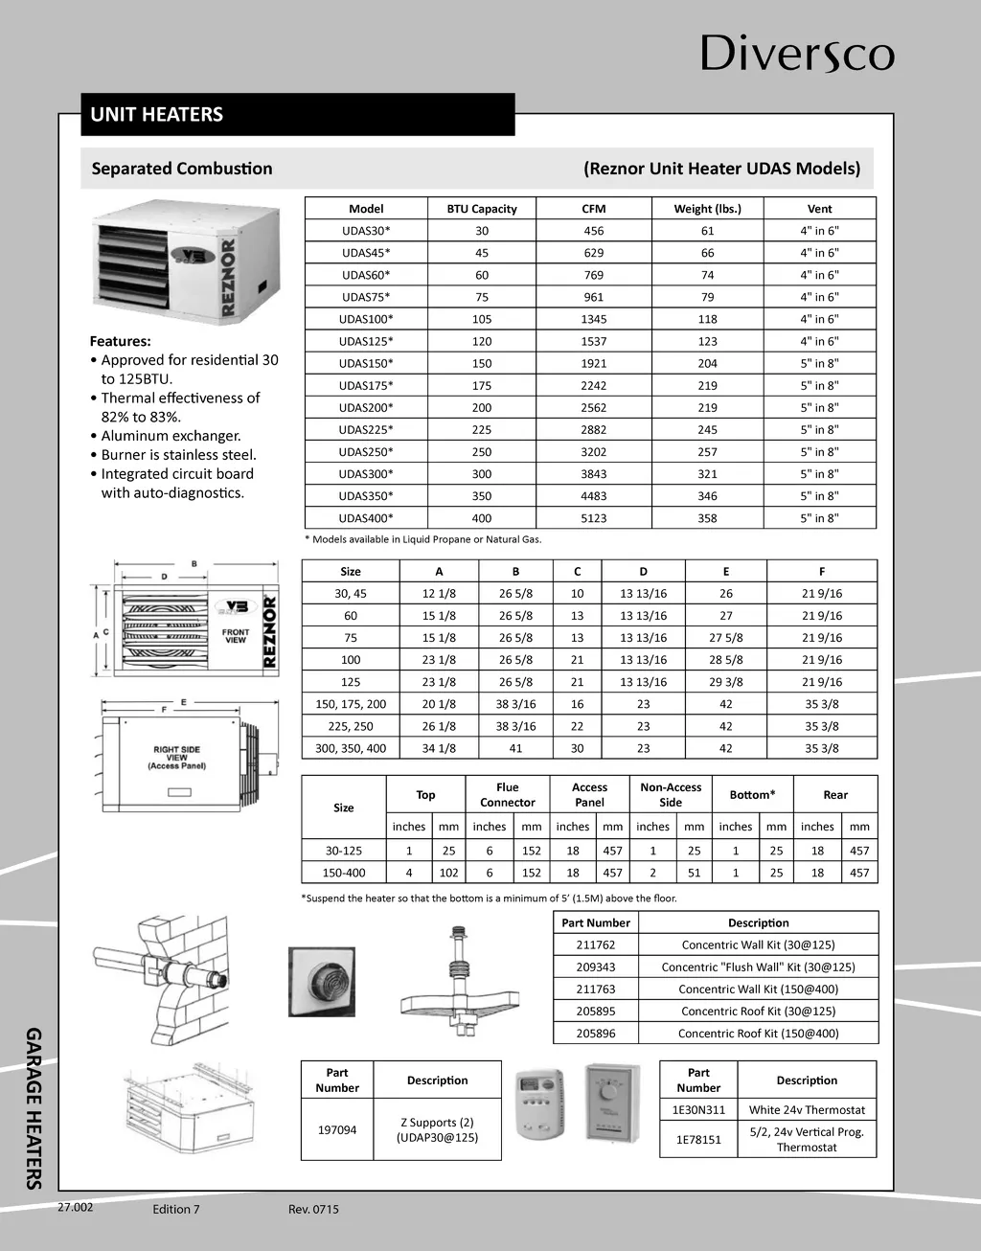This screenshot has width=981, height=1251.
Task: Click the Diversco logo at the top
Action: (797, 54)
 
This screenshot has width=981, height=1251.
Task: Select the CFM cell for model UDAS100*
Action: (593, 319)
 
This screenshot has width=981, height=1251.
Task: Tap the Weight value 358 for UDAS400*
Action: (707, 518)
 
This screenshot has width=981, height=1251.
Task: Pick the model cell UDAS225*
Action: (366, 430)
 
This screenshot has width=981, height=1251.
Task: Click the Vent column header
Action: (819, 209)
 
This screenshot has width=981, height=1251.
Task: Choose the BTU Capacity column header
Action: (481, 209)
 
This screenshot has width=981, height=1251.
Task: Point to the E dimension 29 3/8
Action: (725, 682)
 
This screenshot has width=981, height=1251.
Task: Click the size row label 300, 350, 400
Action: (351, 748)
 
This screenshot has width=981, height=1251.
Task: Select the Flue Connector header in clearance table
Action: (507, 795)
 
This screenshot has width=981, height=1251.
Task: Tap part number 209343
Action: (596, 967)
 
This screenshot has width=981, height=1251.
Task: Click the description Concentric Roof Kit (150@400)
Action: (758, 1034)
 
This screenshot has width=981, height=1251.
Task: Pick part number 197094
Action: (337, 1130)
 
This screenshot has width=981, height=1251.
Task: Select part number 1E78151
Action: (698, 1140)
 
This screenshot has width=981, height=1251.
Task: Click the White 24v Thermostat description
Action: (807, 1110)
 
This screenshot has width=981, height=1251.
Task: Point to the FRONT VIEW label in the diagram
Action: (235, 636)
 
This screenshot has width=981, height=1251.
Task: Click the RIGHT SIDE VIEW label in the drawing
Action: (176, 758)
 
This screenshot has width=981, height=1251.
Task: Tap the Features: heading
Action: (120, 341)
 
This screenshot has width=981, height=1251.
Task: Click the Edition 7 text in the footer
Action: (176, 1209)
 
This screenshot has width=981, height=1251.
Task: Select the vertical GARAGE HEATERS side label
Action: (33, 1107)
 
